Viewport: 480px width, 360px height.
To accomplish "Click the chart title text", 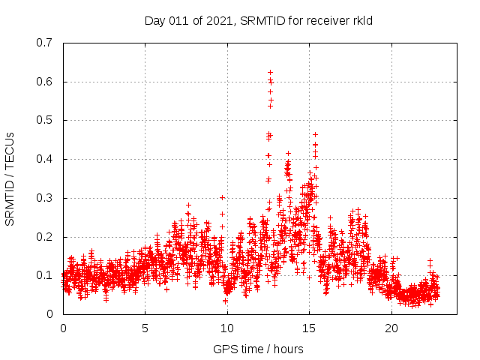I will click(259, 21).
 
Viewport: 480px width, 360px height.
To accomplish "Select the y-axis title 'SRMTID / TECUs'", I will click(10, 178).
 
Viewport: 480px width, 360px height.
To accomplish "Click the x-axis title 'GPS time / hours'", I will click(258, 349).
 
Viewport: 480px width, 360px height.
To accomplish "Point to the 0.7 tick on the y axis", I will click(45, 43).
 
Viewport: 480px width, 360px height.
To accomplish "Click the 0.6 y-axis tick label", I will click(45, 82).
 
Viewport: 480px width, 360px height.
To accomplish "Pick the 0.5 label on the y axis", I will click(45, 120).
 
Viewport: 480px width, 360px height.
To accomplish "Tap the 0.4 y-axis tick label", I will click(45, 159).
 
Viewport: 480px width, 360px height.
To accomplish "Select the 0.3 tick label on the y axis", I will click(45, 198).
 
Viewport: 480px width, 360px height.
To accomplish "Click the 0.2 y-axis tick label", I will click(45, 237).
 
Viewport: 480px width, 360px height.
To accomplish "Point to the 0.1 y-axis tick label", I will click(45, 275).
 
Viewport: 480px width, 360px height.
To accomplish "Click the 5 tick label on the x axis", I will click(145, 328).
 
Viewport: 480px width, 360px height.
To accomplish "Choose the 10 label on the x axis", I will click(227, 328).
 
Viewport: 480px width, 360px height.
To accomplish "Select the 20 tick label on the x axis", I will click(391, 328).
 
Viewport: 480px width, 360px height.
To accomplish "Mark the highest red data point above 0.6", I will click(270, 72).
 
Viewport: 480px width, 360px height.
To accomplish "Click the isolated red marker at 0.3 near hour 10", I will click(222, 197).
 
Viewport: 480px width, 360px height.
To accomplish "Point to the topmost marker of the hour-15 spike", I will click(315, 134).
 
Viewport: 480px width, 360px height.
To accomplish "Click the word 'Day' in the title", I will click(154, 21).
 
